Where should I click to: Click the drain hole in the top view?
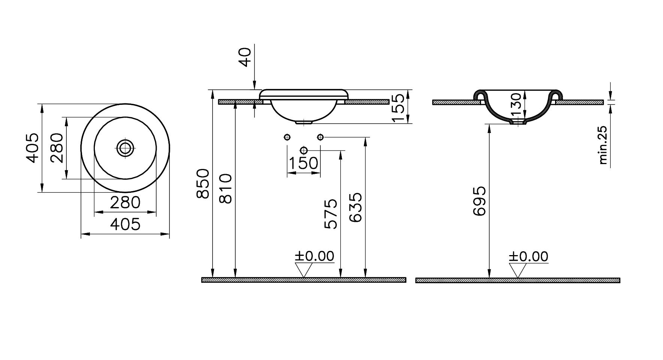(125, 148)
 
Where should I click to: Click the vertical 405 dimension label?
(33, 148)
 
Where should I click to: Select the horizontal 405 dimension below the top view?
(125, 224)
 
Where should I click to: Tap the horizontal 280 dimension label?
(125, 203)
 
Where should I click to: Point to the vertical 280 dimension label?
(57, 148)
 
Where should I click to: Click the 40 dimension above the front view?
(245, 57)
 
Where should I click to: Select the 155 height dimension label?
(398, 108)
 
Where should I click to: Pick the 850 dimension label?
(203, 184)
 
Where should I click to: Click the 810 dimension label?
(226, 188)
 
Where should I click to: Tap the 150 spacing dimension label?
(304, 163)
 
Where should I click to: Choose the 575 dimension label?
(331, 214)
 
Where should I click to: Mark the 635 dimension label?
(356, 208)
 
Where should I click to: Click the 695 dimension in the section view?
(479, 201)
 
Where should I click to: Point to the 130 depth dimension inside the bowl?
(516, 105)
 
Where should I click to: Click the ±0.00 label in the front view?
(314, 256)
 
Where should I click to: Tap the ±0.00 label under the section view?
(528, 257)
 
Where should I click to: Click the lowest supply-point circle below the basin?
(304, 151)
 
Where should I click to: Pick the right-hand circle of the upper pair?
(320, 137)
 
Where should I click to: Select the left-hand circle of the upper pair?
(287, 137)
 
